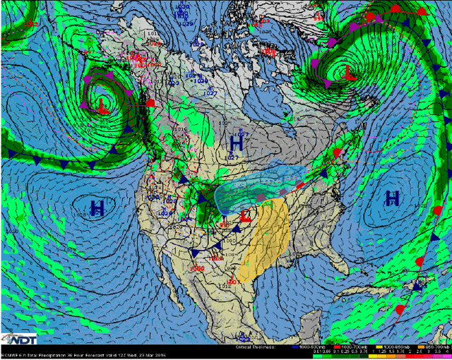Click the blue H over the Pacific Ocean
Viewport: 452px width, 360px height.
(98, 208)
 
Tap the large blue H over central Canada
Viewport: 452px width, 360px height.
(237, 143)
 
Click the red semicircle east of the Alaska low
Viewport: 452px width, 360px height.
(150, 103)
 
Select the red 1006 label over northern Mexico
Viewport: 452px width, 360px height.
(197, 268)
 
